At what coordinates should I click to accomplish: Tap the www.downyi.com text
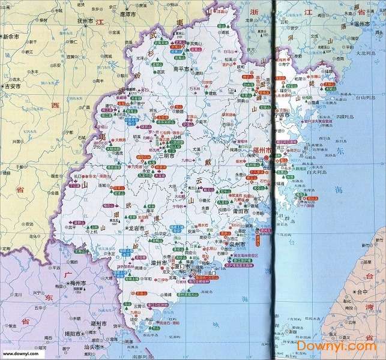click(24, 355)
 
